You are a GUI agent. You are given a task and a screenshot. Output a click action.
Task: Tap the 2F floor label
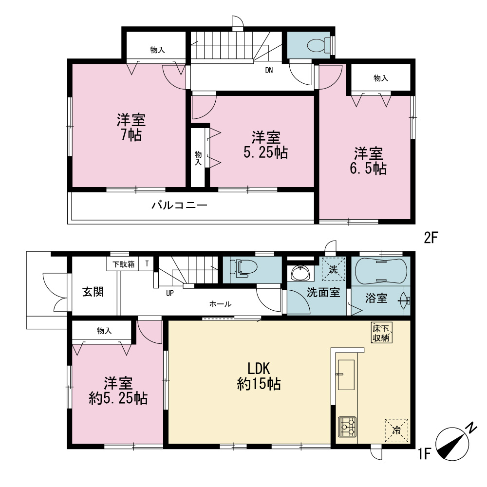431,238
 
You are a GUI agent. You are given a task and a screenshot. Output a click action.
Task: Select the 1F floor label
424,454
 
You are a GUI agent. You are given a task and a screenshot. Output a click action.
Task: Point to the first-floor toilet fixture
243,268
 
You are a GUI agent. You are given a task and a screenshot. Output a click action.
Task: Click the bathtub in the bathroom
381,270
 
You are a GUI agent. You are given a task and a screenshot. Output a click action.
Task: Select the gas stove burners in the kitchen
347,427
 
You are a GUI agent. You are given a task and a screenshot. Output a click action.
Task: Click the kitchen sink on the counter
346,375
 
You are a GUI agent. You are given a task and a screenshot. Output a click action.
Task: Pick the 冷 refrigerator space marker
396,431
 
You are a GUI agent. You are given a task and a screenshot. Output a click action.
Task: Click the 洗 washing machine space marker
333,269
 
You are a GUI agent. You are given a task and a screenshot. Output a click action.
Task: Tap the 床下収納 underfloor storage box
381,333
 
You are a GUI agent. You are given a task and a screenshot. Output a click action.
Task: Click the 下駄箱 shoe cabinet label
123,264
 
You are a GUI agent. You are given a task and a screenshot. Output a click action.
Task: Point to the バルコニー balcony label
179,206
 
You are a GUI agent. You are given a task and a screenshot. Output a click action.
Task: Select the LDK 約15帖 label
259,376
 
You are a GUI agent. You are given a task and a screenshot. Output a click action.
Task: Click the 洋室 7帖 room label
131,128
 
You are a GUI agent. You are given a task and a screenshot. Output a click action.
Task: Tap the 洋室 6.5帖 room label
368,161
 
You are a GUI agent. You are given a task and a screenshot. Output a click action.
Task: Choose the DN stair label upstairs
269,70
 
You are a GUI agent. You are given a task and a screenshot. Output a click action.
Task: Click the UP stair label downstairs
170,293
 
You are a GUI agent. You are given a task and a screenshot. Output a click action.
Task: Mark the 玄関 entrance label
93,292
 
